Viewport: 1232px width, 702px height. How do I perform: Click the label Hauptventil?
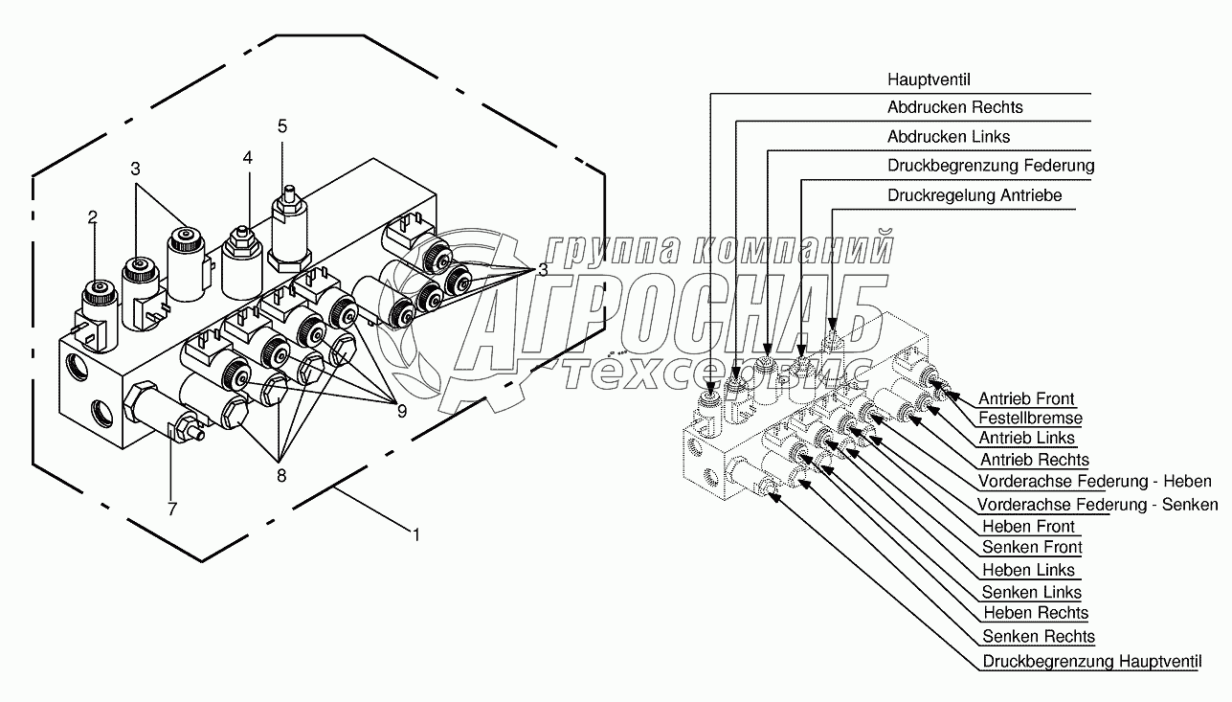[929, 79]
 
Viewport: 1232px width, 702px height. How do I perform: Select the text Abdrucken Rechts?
[954, 107]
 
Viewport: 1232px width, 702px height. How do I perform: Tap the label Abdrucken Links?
[948, 137]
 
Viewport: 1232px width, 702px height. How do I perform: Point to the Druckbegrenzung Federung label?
[990, 166]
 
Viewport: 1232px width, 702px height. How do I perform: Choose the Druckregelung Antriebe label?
[974, 195]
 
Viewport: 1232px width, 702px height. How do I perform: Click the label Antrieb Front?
[1026, 398]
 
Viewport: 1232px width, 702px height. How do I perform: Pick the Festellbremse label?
[1030, 419]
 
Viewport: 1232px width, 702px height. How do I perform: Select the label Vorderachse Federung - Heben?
[1094, 481]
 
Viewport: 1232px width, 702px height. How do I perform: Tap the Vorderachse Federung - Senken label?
[1097, 505]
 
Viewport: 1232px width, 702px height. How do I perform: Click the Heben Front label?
[1029, 526]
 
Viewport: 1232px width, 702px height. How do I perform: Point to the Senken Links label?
[1032, 593]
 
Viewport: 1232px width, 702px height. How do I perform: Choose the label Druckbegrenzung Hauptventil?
[1091, 661]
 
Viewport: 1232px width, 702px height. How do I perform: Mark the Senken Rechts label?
[1039, 636]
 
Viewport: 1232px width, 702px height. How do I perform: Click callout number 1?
[414, 534]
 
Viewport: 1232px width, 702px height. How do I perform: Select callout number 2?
[93, 217]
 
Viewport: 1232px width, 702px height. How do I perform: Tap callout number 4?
[247, 158]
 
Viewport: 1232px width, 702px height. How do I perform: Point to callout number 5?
[281, 125]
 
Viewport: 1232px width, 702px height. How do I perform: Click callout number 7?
[172, 509]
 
